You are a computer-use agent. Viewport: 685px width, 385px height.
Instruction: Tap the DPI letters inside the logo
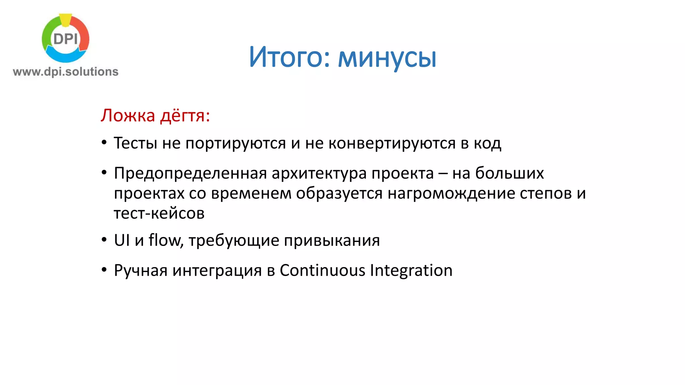pyautogui.click(x=66, y=39)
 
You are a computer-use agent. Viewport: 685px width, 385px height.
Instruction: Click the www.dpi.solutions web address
pyautogui.click(x=66, y=72)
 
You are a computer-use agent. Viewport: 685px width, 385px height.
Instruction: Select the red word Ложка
pyautogui.click(x=128, y=116)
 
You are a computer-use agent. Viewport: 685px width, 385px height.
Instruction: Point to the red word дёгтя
pyautogui.click(x=185, y=116)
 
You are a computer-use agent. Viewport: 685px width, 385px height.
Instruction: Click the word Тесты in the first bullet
pyautogui.click(x=135, y=143)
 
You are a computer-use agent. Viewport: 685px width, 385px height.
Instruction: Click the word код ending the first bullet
pyautogui.click(x=487, y=143)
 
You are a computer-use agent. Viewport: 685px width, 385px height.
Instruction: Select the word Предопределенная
pyautogui.click(x=190, y=173)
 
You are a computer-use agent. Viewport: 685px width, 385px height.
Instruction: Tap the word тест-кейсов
pyautogui.click(x=159, y=213)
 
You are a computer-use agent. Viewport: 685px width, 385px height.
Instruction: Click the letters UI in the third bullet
pyautogui.click(x=122, y=240)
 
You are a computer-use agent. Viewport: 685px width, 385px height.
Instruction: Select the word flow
pyautogui.click(x=165, y=240)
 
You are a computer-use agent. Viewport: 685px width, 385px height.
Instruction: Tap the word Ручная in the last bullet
pyautogui.click(x=140, y=270)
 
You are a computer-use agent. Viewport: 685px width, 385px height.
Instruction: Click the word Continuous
pyautogui.click(x=322, y=270)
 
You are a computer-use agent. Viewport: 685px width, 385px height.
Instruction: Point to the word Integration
pyautogui.click(x=411, y=270)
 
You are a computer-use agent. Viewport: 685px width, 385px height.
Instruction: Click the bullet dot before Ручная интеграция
pyautogui.click(x=104, y=270)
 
